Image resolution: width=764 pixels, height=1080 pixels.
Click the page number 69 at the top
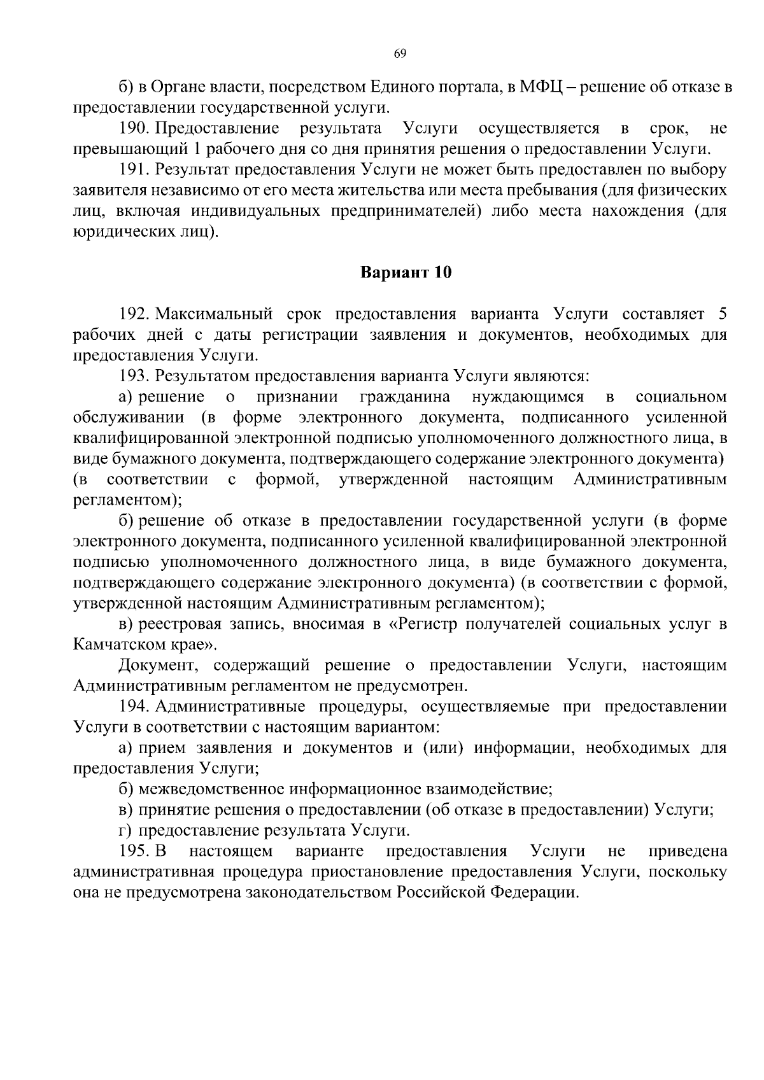[x=400, y=53]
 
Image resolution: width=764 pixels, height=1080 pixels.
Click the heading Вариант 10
[x=406, y=273]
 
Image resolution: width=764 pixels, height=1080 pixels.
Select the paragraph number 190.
[x=133, y=129]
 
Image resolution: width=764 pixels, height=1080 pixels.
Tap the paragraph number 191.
[x=133, y=170]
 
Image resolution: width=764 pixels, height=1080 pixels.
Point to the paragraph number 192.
[x=133, y=314]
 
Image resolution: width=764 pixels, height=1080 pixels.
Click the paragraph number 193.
[x=133, y=376]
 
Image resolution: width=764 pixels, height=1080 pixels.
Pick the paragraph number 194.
[x=133, y=706]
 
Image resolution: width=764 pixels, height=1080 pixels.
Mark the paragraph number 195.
[x=133, y=851]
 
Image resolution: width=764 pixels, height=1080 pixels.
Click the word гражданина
[x=405, y=397]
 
